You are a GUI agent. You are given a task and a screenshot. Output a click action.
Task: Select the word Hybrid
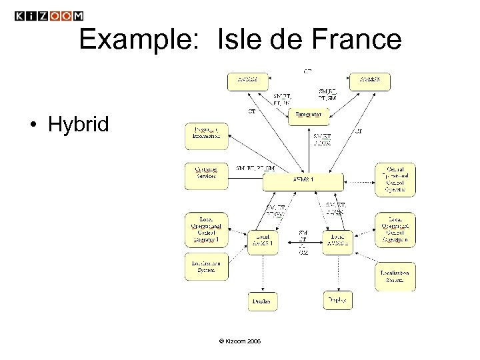(x=77, y=125)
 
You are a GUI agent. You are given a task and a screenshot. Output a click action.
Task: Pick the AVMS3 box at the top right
(x=370, y=81)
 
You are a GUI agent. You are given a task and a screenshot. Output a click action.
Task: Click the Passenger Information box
(x=207, y=135)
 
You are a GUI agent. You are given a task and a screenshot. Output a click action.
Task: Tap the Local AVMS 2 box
(x=337, y=240)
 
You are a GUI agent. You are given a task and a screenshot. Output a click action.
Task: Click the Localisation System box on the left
(x=207, y=268)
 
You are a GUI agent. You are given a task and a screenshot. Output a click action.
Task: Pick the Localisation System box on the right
(x=395, y=276)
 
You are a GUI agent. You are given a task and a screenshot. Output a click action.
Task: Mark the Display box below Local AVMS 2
(x=337, y=301)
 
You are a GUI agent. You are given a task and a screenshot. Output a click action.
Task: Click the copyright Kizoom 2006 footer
(x=240, y=341)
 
